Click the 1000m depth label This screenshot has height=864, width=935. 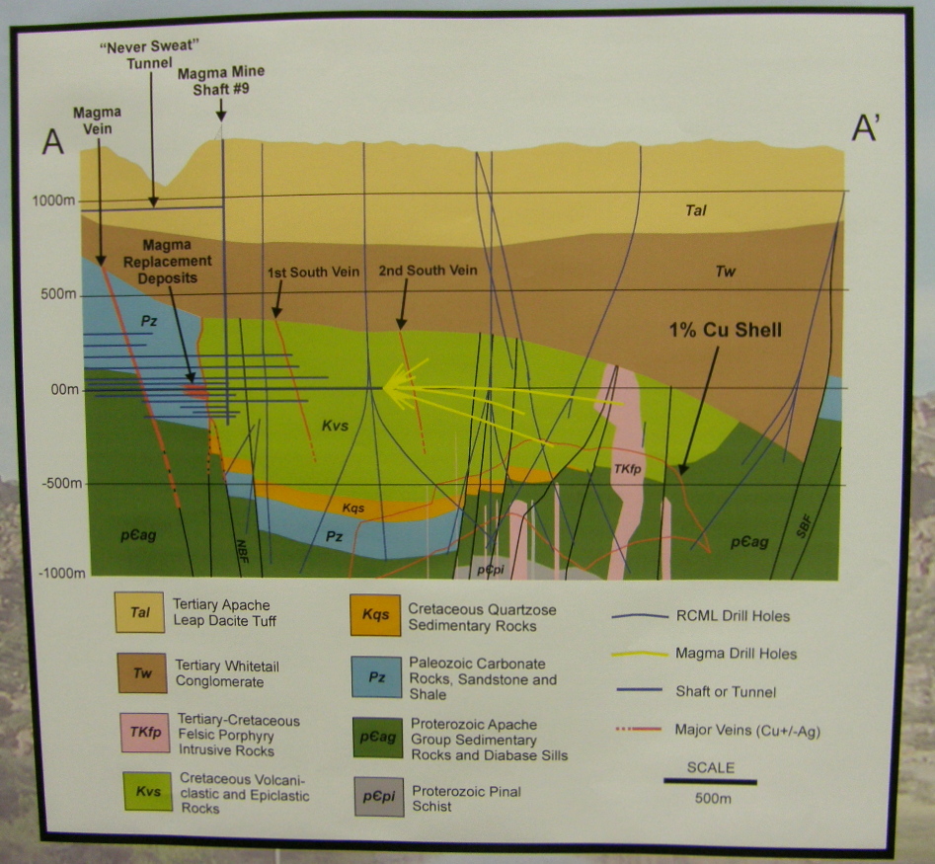pos(49,200)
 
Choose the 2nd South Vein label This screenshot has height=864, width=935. pos(428,270)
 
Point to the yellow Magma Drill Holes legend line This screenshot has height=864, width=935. pos(637,653)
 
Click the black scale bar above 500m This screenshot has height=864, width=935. pos(709,782)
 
